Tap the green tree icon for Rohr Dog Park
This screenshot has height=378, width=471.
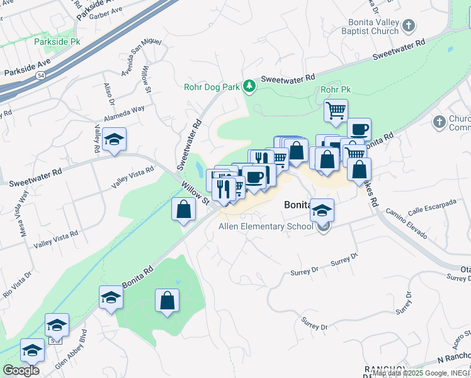[250, 86]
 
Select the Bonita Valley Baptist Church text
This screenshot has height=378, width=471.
[370, 25]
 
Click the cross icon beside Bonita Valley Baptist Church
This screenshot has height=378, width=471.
[409, 25]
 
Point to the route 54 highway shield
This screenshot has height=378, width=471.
[40, 75]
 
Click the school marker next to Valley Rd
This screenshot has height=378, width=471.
[114, 139]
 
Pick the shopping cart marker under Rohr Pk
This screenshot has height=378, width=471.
[336, 111]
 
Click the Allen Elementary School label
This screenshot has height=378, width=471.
[265, 227]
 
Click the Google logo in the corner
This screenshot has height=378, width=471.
[20, 370]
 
